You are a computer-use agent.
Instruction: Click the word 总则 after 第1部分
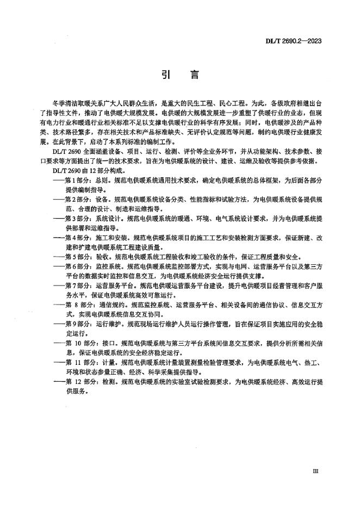(105, 177)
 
